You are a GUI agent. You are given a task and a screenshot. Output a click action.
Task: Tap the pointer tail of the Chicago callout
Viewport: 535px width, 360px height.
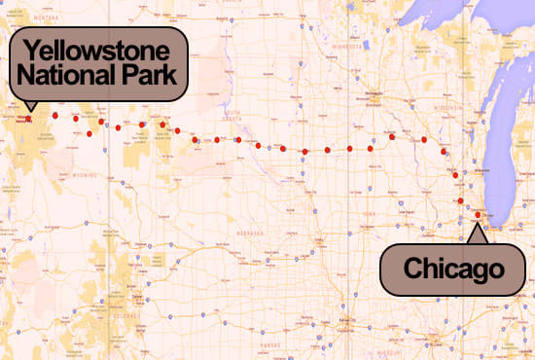476,232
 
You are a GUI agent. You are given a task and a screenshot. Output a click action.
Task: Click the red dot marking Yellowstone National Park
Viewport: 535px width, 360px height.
28,119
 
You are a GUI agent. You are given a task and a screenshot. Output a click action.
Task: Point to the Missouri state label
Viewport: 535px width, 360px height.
389,341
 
